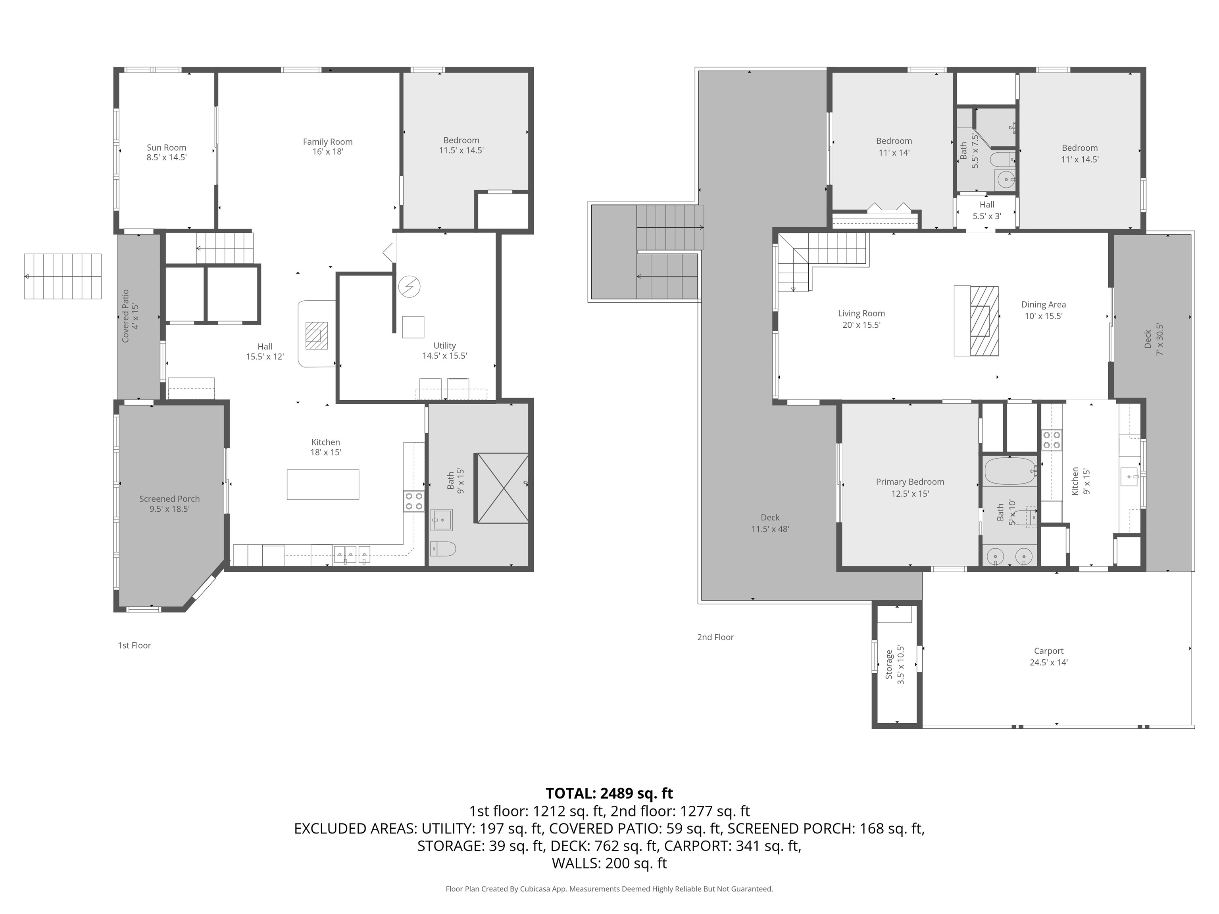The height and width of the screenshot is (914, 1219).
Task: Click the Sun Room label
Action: coord(166,148)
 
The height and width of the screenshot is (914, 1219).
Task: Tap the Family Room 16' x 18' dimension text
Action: coord(327,152)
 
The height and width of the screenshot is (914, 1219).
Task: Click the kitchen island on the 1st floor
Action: coord(323,484)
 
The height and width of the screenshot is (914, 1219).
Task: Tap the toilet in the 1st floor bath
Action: coord(443,548)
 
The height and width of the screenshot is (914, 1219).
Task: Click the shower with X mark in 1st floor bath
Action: coord(502,488)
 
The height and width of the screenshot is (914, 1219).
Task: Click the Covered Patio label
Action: coord(126,316)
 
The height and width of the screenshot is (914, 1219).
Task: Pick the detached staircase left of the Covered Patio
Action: coord(63,276)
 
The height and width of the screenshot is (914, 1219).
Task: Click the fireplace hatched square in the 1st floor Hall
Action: coord(317,336)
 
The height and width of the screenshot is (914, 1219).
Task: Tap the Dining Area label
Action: coord(1043,305)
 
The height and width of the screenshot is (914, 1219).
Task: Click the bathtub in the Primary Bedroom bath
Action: coord(1009,471)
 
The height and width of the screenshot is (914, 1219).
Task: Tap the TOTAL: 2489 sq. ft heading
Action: coord(609,793)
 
